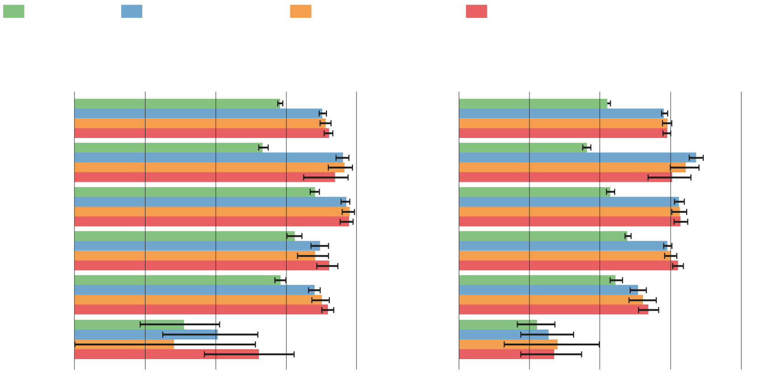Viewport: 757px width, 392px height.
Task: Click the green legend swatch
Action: pyautogui.click(x=14, y=11)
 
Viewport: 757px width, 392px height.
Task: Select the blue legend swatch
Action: pyautogui.click(x=132, y=11)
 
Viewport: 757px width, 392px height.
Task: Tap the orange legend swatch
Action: pyautogui.click(x=301, y=11)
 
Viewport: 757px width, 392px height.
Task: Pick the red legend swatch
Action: pyautogui.click(x=477, y=11)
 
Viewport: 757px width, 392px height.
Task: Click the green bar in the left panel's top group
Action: pyautogui.click(x=177, y=104)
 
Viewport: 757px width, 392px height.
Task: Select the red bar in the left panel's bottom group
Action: pyautogui.click(x=166, y=354)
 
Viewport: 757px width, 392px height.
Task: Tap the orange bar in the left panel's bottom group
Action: pyautogui.click(x=124, y=344)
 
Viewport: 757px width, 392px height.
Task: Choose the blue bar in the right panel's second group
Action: pyautogui.click(x=577, y=158)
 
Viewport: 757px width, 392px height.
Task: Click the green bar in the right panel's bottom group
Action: pyautogui.click(x=498, y=325)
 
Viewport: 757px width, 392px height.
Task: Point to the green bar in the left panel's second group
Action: pyautogui.click(x=168, y=148)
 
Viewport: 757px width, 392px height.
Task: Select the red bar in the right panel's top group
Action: pyautogui.click(x=563, y=133)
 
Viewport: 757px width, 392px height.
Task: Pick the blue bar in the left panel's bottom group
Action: pyautogui.click(x=146, y=334)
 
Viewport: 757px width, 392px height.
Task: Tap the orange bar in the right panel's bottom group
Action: pyautogui.click(x=508, y=344)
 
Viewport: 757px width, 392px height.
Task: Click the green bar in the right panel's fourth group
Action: pyautogui.click(x=543, y=236)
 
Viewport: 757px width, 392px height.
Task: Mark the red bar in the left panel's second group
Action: pyautogui.click(x=204, y=177)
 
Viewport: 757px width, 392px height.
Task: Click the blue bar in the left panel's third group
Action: pyautogui.click(x=210, y=202)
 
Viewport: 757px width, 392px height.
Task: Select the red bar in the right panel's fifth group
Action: pyautogui.click(x=553, y=310)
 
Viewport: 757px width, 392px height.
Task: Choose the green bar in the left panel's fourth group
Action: pyautogui.click(x=184, y=236)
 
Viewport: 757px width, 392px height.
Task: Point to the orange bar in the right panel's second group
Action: pyautogui.click(x=572, y=168)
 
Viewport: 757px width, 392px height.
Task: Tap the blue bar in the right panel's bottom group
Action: pyautogui.click(x=503, y=334)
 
